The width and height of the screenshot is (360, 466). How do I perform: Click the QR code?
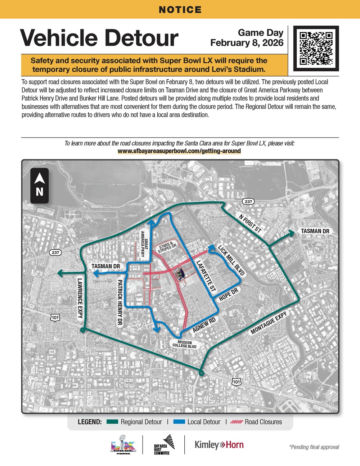tap(316, 48)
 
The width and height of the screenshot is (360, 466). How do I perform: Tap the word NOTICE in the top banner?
tap(180, 10)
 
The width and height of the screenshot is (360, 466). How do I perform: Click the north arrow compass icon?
tap(40, 186)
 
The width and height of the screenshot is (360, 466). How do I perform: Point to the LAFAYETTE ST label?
tap(206, 276)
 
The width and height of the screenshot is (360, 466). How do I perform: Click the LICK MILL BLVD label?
tap(231, 260)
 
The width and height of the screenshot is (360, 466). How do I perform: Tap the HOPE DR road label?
tap(229, 294)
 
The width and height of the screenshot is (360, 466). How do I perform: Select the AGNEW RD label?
tap(204, 325)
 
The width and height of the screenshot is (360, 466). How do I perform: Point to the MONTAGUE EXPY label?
tap(269, 323)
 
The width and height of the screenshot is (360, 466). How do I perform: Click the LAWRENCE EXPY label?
tap(80, 298)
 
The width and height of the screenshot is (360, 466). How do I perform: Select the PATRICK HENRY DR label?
tap(120, 303)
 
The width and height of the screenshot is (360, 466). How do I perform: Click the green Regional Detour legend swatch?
tap(112, 422)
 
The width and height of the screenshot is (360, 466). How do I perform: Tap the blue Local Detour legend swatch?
tap(179, 422)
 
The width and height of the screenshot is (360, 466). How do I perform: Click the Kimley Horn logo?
tap(219, 445)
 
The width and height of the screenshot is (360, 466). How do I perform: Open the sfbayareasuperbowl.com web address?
tap(179, 151)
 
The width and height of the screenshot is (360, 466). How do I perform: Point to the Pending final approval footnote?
tap(314, 447)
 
